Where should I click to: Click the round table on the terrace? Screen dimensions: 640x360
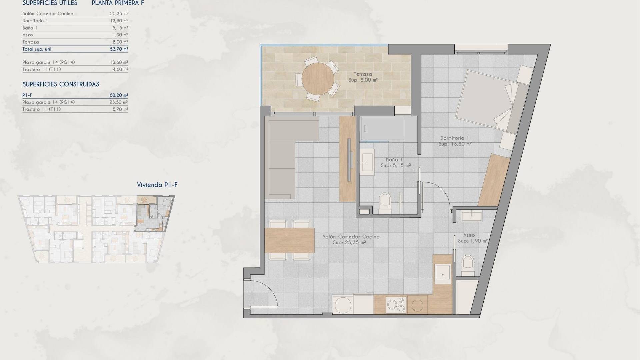pos(318,79)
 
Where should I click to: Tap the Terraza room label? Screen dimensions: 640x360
pos(363,74)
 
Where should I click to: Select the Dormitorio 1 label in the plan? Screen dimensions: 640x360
pos(455,138)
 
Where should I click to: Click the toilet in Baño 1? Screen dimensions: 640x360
pos(386,203)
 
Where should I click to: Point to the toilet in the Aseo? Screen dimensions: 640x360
pos(468,265)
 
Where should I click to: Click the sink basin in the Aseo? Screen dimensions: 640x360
pos(472,216)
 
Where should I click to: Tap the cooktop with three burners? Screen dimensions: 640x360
pos(396,305)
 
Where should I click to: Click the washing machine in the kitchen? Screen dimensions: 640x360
pos(343,304)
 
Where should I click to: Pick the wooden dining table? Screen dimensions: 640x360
pos(290,240)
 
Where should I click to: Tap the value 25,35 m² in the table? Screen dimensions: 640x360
pos(119,14)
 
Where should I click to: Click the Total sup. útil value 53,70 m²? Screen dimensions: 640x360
pos(119,49)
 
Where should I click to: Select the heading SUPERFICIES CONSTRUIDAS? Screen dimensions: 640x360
pos(61,84)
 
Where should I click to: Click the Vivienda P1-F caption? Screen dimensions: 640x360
pos(157,185)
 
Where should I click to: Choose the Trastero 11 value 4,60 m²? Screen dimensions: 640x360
pos(120,69)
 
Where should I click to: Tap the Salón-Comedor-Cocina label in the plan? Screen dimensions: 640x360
pos(351,237)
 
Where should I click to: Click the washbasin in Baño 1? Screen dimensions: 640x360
pos(367,162)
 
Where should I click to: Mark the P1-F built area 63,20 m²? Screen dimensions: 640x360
pos(119,95)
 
